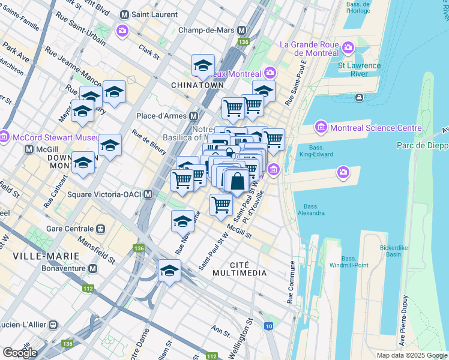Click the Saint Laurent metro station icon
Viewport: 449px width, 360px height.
[x=125, y=14]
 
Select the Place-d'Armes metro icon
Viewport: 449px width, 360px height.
[x=193, y=116]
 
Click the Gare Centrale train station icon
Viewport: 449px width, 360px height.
[x=101, y=229]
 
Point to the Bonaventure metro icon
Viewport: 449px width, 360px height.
[x=92, y=268]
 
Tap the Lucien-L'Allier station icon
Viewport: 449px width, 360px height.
[x=53, y=324]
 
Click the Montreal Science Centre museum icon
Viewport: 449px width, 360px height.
[x=320, y=128]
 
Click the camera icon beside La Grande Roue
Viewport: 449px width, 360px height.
[x=347, y=47]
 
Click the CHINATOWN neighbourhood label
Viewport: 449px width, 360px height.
[x=193, y=85]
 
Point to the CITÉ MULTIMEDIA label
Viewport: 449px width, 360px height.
[x=248, y=269]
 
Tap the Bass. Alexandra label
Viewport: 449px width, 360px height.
[x=310, y=208]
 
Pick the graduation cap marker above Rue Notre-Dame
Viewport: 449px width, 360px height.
[x=183, y=221]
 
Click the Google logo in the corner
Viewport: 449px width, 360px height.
[x=20, y=352]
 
